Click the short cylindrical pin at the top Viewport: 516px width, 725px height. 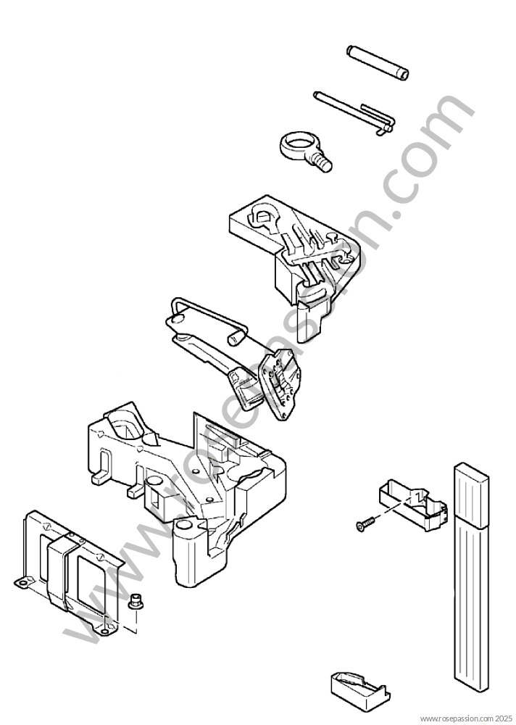(x=378, y=62)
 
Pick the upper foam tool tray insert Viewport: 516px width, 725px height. (x=296, y=250)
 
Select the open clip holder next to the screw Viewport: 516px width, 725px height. (x=413, y=506)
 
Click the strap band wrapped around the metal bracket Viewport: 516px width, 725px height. (x=61, y=573)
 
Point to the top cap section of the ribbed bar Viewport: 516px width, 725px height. (x=470, y=494)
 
